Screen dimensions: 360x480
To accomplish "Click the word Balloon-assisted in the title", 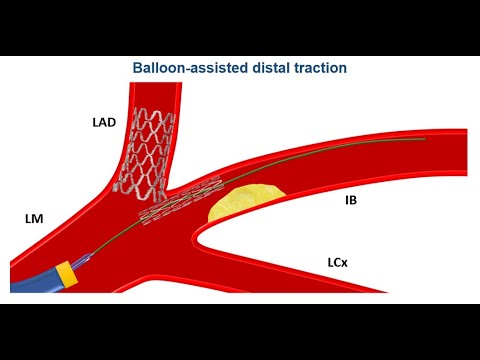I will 184,69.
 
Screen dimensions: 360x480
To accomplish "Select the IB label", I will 351,200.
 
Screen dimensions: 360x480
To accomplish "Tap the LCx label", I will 337,263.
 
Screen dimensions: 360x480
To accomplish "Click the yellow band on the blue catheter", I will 65,270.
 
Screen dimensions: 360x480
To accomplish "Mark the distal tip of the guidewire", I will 424,139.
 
